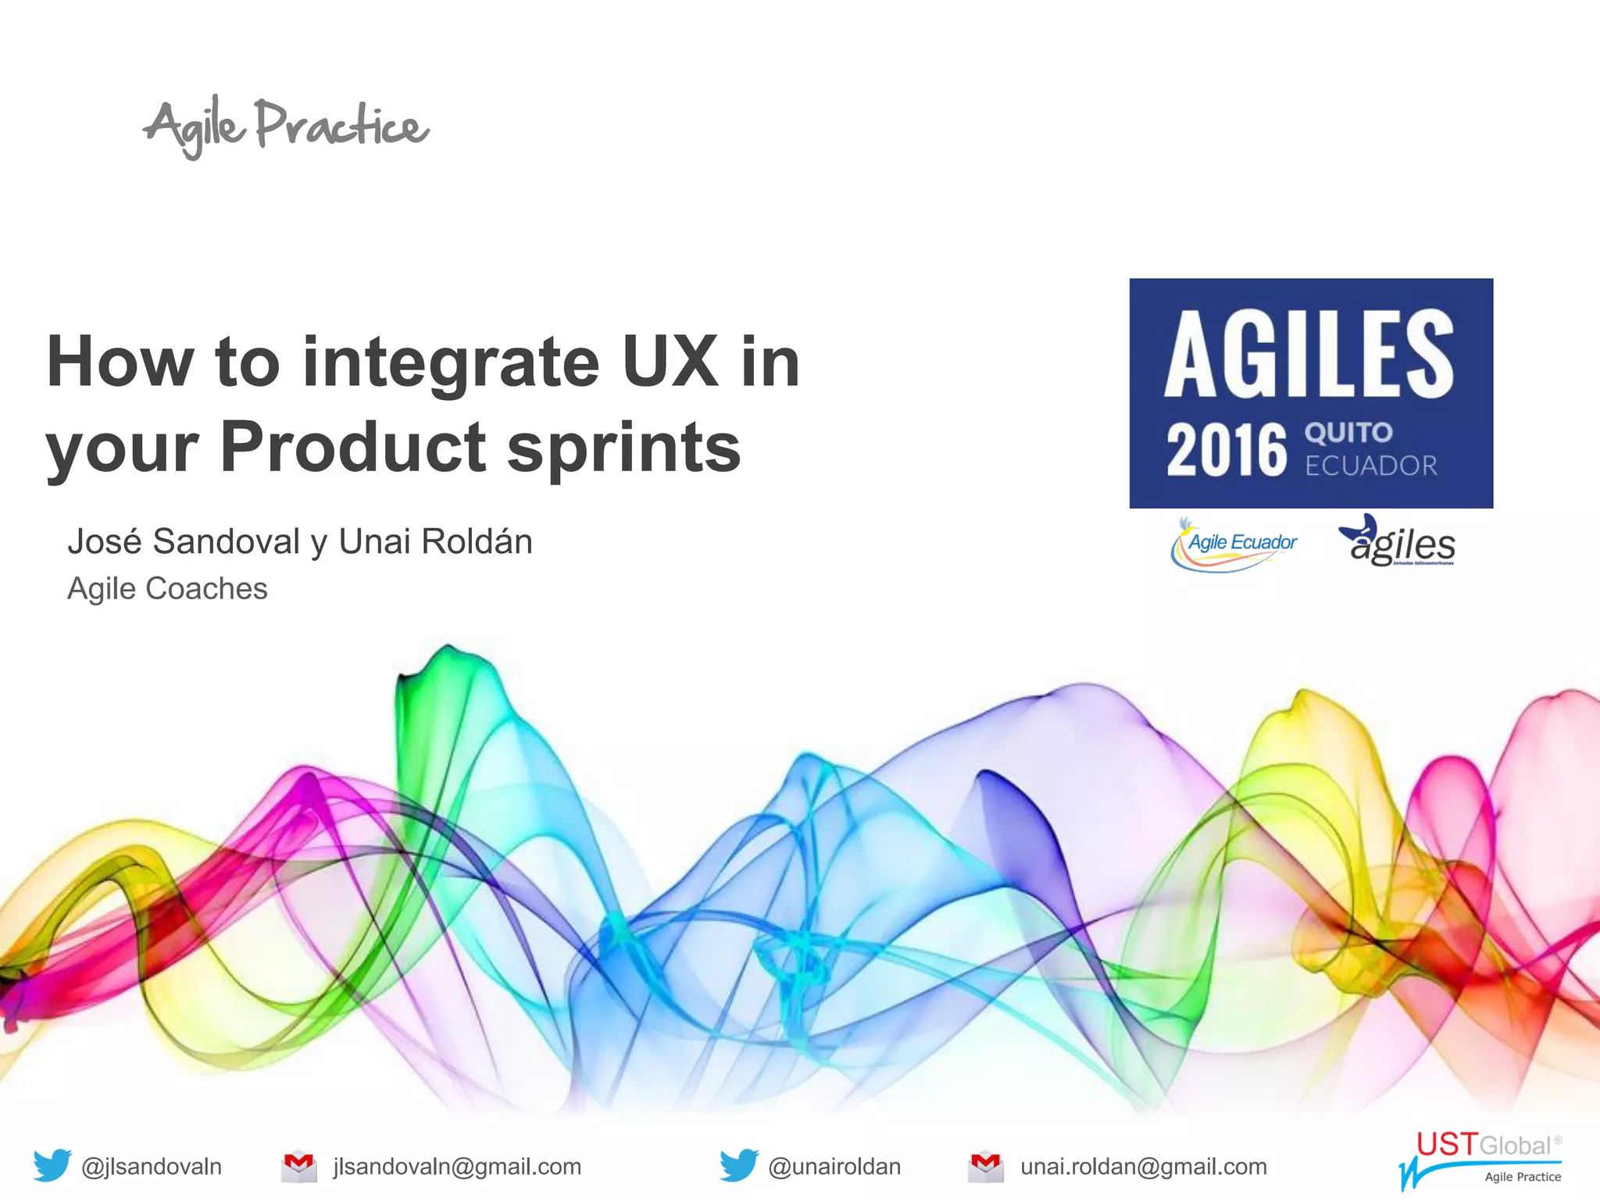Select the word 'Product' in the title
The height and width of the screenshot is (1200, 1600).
pyautogui.click(x=353, y=447)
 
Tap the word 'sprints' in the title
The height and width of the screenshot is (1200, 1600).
pyautogui.click(x=623, y=448)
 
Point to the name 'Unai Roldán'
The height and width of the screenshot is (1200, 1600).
pyautogui.click(x=435, y=541)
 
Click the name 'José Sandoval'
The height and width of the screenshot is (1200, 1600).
pyautogui.click(x=184, y=541)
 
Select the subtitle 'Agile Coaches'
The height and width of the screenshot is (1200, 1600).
pyautogui.click(x=167, y=588)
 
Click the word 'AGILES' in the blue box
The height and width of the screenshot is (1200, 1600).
pyautogui.click(x=1309, y=354)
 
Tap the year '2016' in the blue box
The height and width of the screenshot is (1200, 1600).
pyautogui.click(x=1226, y=450)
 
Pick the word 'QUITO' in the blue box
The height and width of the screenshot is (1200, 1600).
pyautogui.click(x=1348, y=432)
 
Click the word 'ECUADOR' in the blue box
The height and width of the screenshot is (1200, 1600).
pyautogui.click(x=1371, y=466)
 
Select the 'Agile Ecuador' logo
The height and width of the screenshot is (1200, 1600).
pyautogui.click(x=1235, y=544)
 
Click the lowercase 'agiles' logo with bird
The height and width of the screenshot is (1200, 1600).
pyautogui.click(x=1398, y=541)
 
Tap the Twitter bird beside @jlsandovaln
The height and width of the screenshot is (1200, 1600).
pyautogui.click(x=52, y=1165)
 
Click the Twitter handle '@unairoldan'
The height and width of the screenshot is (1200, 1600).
pyautogui.click(x=834, y=1166)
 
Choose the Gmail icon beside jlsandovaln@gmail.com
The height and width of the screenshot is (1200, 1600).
pyautogui.click(x=298, y=1166)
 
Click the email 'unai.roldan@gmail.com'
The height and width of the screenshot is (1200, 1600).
pyautogui.click(x=1143, y=1166)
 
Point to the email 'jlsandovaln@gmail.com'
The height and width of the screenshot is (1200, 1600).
pyautogui.click(x=457, y=1166)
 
